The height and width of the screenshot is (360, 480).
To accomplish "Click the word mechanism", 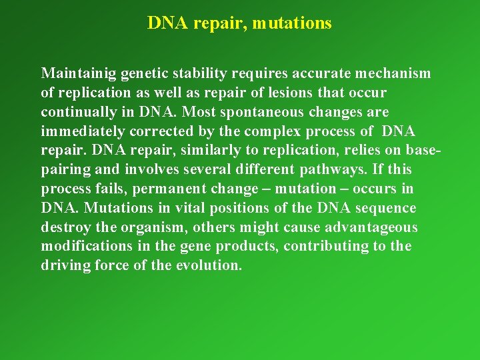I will (394, 73).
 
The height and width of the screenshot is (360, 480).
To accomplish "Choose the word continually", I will (77, 111).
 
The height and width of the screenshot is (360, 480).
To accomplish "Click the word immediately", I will (83, 131).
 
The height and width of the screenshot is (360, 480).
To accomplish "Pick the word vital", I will (175, 208).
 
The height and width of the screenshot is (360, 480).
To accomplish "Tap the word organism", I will (155, 227).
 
